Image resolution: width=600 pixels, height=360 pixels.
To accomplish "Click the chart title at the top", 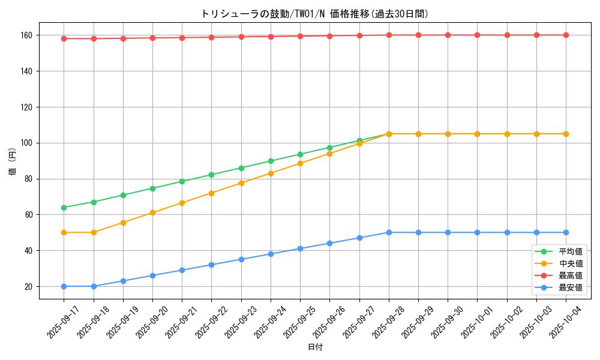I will click(314, 14).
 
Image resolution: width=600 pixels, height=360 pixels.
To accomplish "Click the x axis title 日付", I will click(315, 347).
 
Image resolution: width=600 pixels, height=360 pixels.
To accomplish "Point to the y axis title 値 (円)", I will click(13, 161).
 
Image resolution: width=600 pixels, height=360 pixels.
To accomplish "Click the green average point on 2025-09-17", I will click(64, 208).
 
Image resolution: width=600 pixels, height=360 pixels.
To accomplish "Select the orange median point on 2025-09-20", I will click(152, 212).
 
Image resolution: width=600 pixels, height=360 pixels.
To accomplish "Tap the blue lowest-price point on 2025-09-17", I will click(64, 286).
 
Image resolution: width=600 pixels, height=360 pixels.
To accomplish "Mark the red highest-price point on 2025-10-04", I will click(566, 35).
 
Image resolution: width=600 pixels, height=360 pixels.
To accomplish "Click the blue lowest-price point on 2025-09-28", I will click(389, 232).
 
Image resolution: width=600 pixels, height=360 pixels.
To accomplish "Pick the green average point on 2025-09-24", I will click(271, 161).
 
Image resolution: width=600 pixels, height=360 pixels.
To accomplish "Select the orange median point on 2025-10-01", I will click(478, 134).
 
